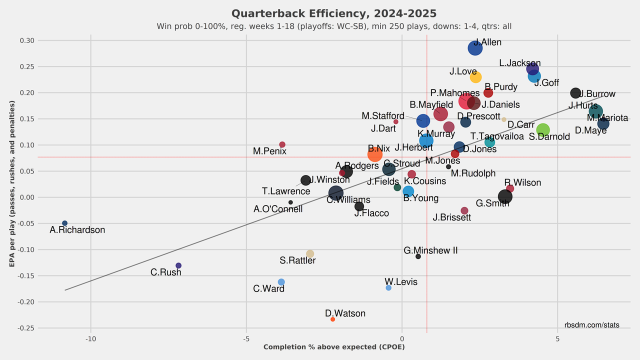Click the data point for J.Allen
475,48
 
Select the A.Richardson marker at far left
64,223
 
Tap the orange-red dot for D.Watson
332,319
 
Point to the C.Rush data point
178,265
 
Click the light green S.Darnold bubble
542,130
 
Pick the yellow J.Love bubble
475,77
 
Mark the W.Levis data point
388,287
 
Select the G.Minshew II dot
418,256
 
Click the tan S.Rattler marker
310,254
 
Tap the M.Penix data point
282,144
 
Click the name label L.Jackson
519,63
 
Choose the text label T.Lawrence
286,191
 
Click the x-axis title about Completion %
333,347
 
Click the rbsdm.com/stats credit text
591,325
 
